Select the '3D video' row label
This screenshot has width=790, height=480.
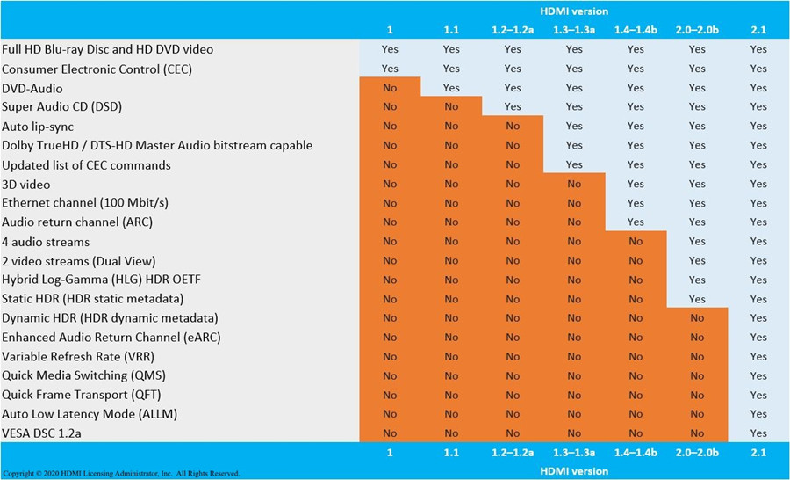click(x=26, y=184)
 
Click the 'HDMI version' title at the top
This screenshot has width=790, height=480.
click(x=574, y=11)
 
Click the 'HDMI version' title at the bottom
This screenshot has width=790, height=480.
click(x=574, y=470)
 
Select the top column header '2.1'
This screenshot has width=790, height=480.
click(x=758, y=30)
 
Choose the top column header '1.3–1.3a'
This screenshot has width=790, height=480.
click(x=574, y=30)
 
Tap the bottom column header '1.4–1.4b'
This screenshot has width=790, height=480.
click(x=636, y=452)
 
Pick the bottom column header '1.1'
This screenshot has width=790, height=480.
click(x=451, y=452)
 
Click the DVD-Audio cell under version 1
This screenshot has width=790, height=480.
click(x=390, y=88)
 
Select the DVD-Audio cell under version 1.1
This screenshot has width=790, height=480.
click(x=451, y=88)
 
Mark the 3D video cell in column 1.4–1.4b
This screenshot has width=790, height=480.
click(x=636, y=184)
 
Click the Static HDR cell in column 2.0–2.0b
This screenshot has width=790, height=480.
click(x=697, y=299)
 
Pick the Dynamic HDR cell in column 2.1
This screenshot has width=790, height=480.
click(x=758, y=318)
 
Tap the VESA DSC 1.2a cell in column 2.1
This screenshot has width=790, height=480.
click(x=758, y=433)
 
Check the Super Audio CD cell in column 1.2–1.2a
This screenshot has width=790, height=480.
click(x=513, y=107)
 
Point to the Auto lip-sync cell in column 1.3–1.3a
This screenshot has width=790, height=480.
click(x=574, y=126)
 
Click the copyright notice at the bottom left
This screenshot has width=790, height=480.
click(x=120, y=473)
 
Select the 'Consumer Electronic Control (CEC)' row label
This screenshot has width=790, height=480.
click(x=97, y=69)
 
